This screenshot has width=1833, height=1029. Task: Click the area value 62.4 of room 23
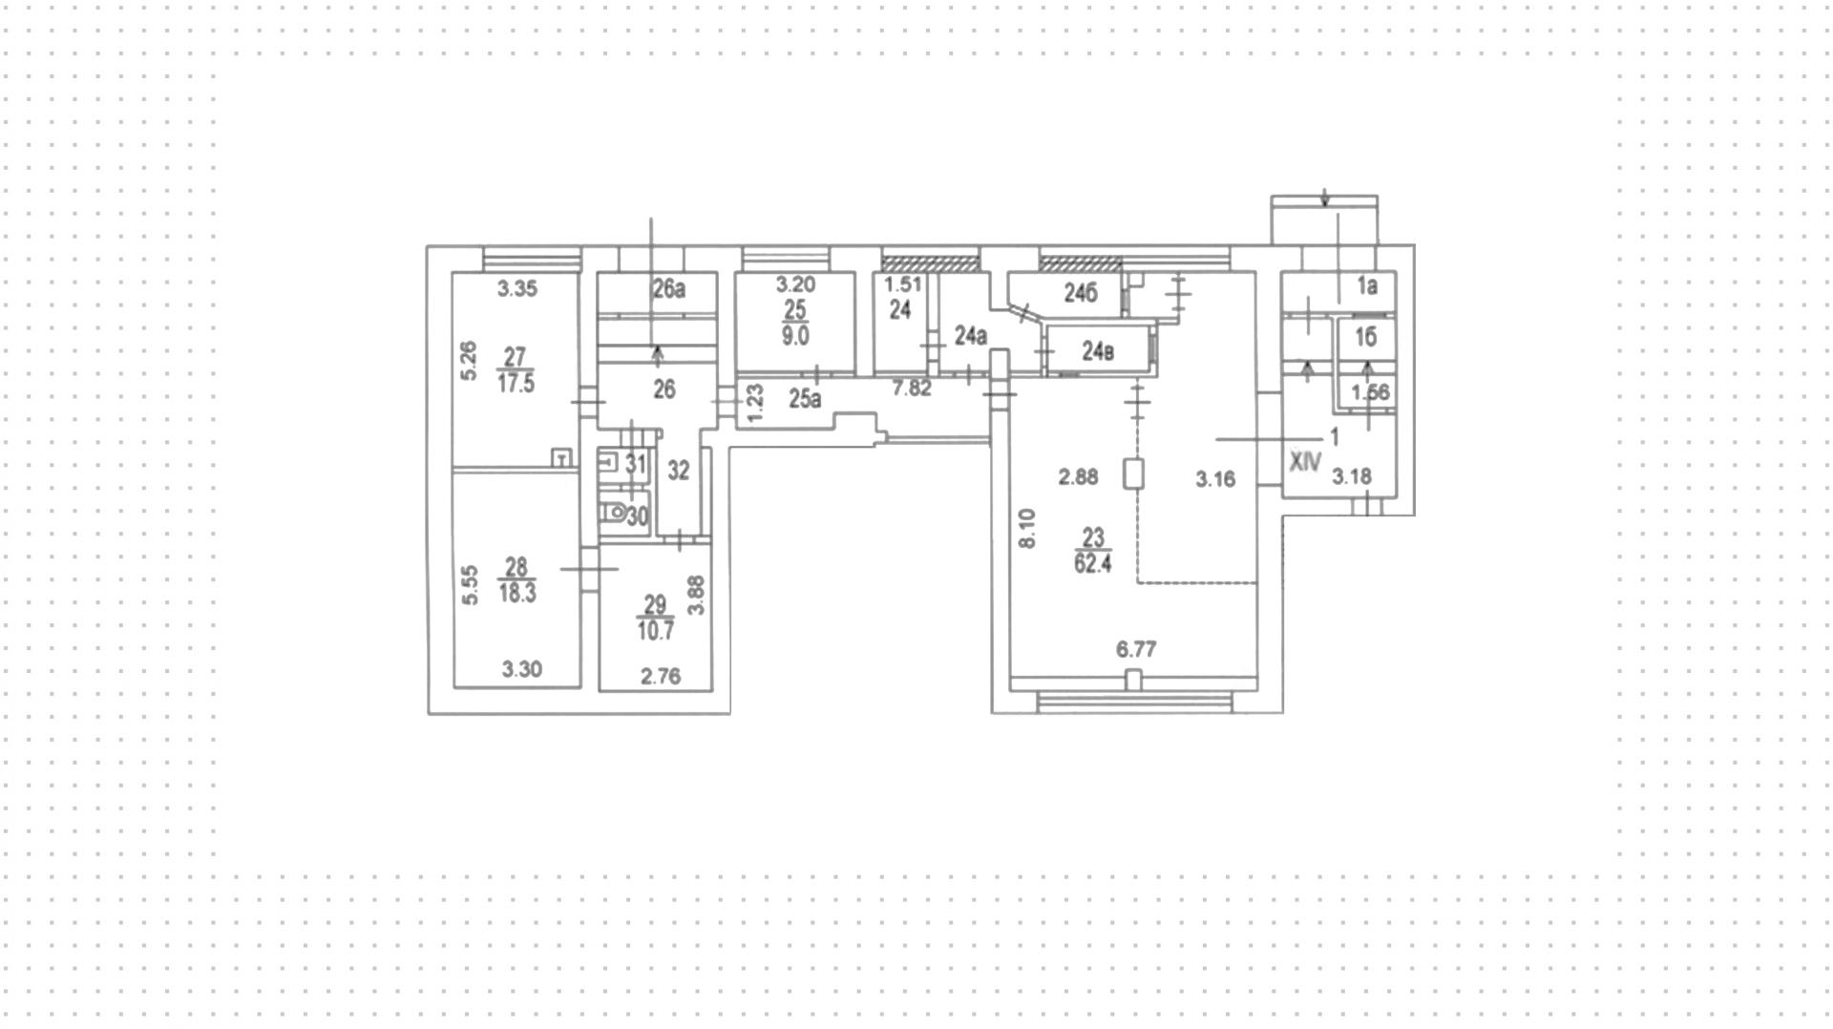[x=1092, y=564]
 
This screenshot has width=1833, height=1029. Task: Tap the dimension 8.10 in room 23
[x=1027, y=528]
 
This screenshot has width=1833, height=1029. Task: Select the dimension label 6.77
[x=1136, y=650]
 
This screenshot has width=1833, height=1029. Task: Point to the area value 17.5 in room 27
[x=516, y=384]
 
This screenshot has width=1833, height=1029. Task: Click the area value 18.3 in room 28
[x=516, y=593]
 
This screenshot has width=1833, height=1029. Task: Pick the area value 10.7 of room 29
[x=656, y=631]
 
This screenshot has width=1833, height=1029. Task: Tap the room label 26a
[x=669, y=288]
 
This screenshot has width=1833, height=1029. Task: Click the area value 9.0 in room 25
[x=795, y=336]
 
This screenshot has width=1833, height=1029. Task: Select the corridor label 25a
[x=805, y=399]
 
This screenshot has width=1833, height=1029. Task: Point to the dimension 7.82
[x=912, y=388]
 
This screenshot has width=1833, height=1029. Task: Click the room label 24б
[x=1081, y=294]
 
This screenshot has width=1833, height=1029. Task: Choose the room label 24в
[x=1098, y=352]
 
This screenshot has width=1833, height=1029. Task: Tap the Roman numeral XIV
[x=1305, y=463]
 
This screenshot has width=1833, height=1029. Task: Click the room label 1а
[x=1368, y=285]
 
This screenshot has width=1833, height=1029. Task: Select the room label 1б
[x=1366, y=337]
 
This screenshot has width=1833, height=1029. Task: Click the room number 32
[x=678, y=471]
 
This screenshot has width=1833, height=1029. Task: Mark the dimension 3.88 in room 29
[x=697, y=595]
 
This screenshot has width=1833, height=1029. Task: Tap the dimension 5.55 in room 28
[x=470, y=585]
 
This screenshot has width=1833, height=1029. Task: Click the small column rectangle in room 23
[x=1135, y=474]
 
